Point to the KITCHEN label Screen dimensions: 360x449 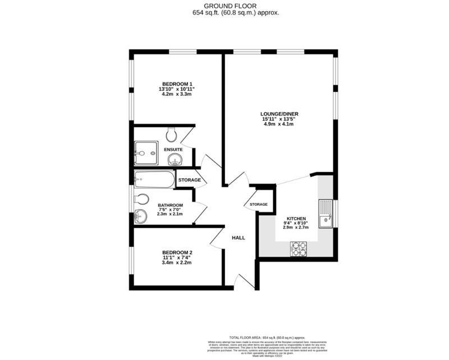[x=297, y=219]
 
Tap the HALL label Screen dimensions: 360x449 [x=239, y=238]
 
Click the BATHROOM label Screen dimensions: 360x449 [x=170, y=205]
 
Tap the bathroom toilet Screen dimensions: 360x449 [x=142, y=199]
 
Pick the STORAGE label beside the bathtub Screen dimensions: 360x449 [x=189, y=180]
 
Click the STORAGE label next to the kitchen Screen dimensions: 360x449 [x=258, y=205]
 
